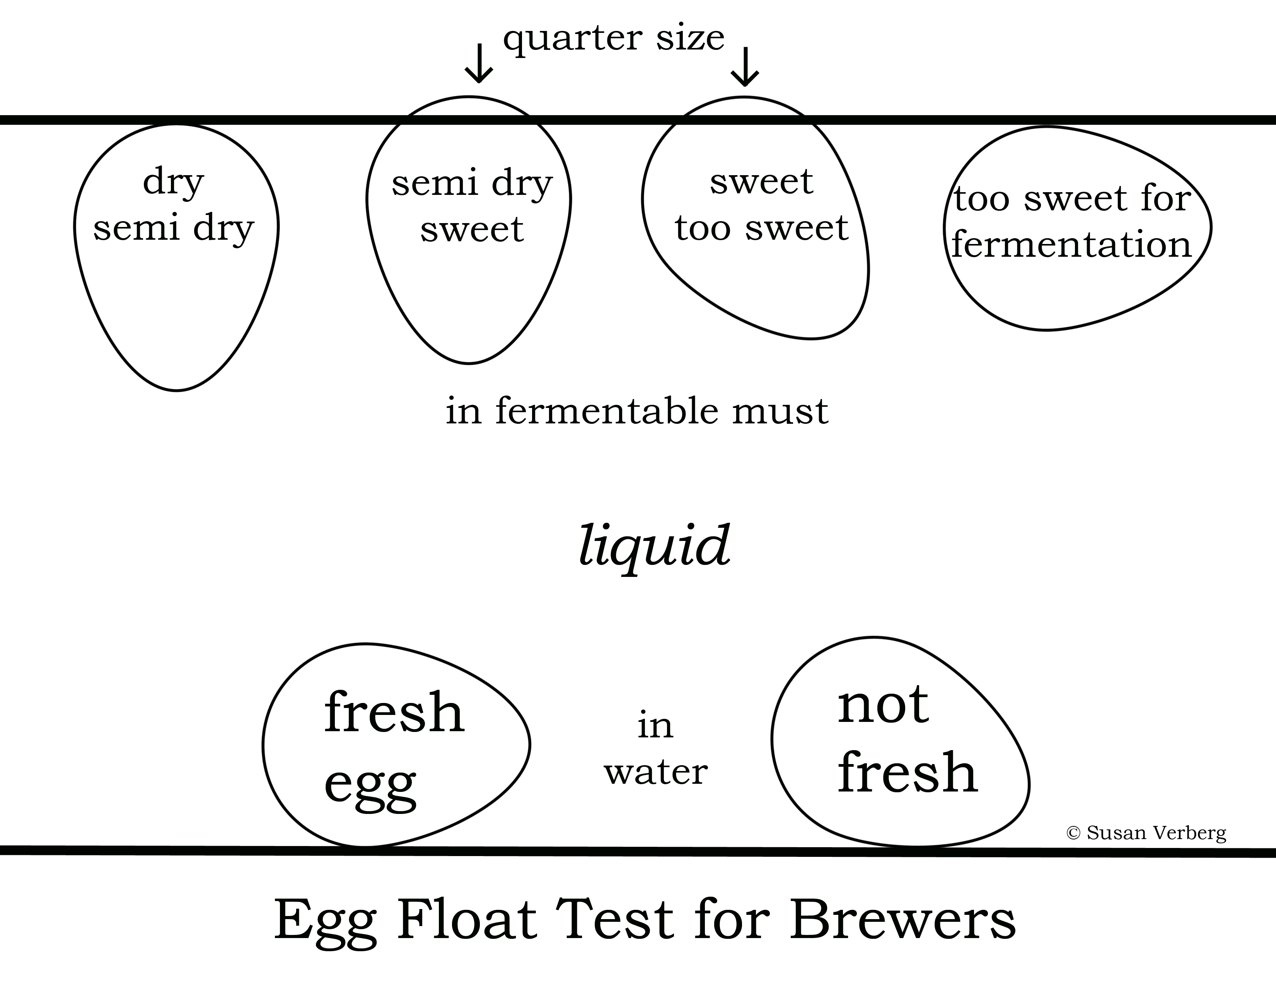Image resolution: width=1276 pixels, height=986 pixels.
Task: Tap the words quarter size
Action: pyautogui.click(x=614, y=38)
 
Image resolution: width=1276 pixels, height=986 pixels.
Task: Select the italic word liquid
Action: pyautogui.click(x=654, y=546)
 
